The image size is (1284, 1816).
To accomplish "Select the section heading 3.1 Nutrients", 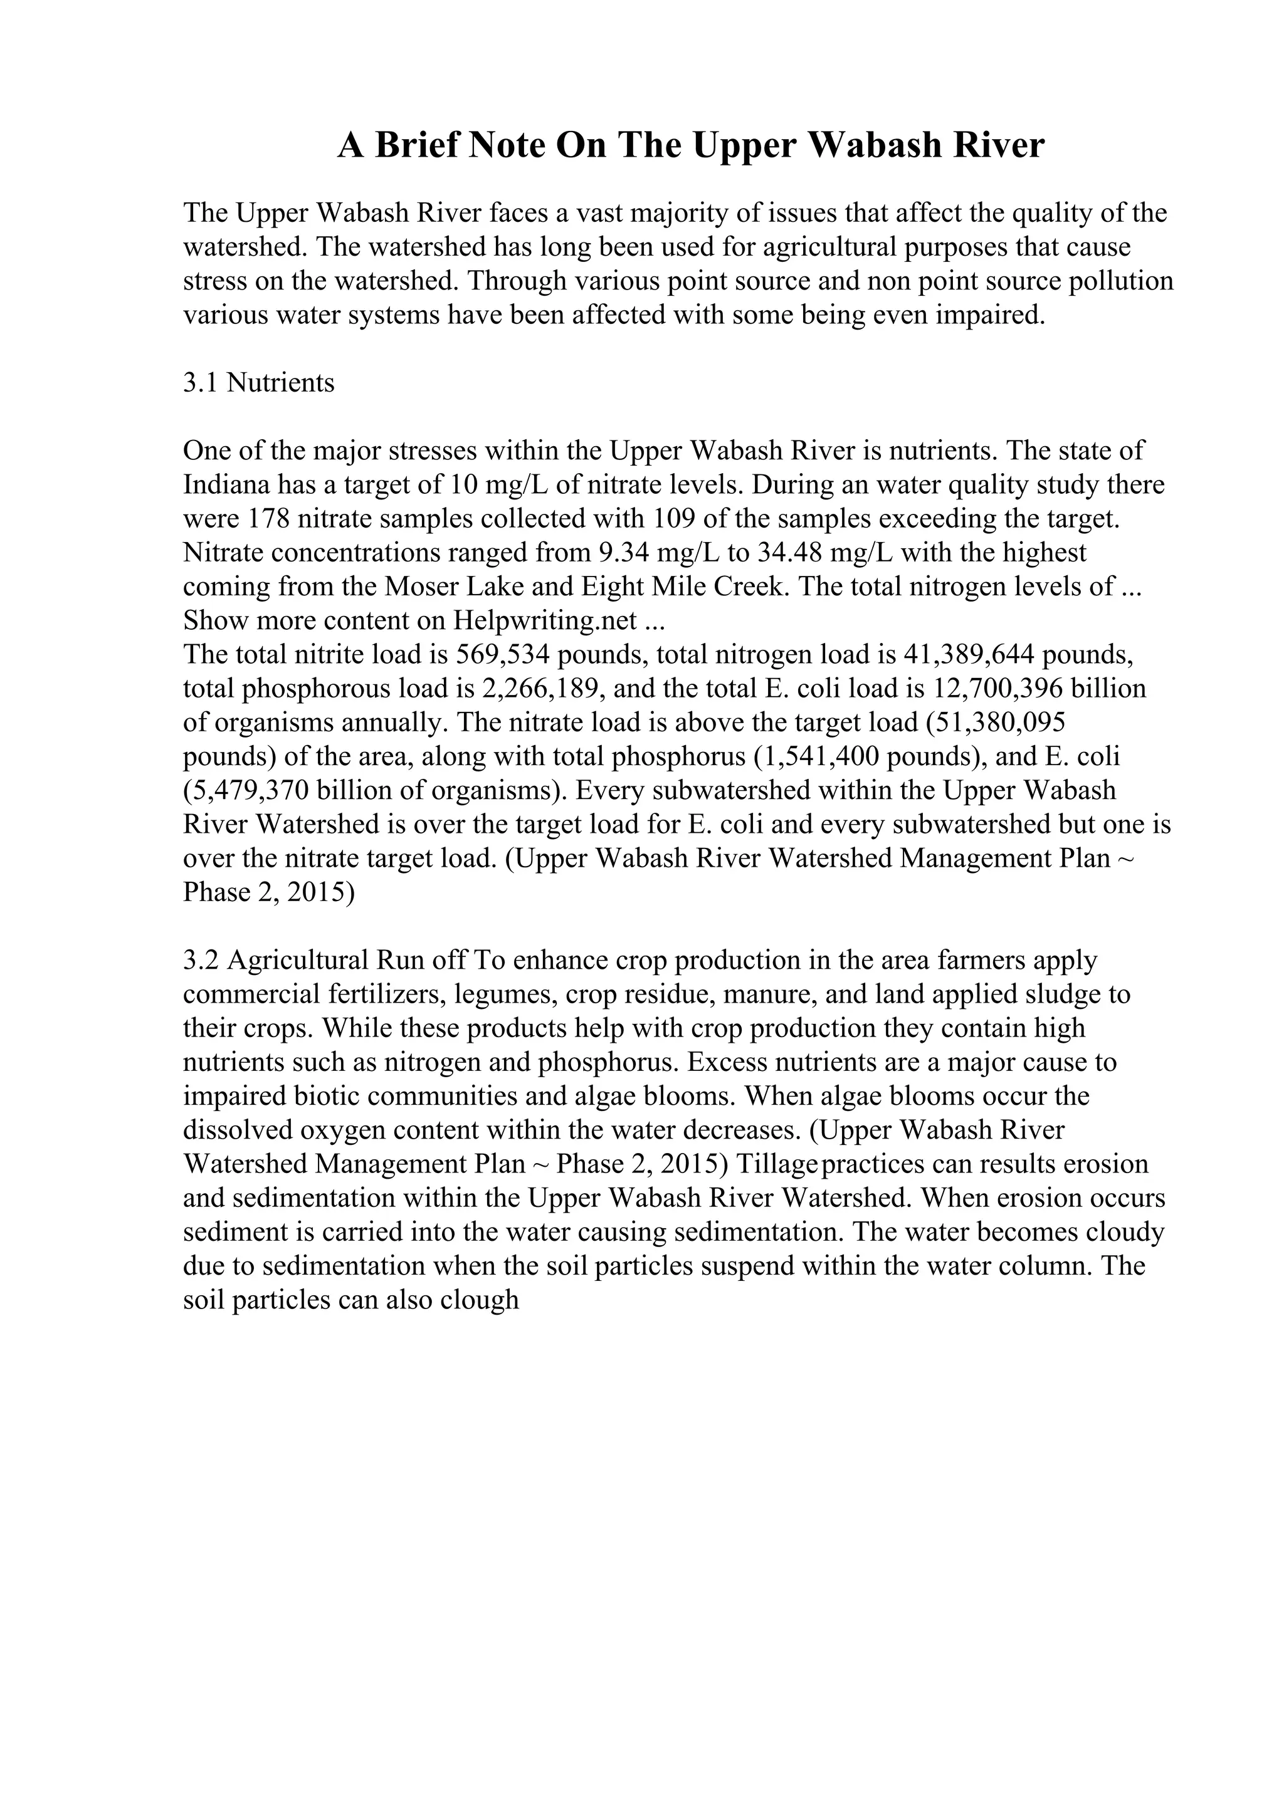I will click(x=259, y=383).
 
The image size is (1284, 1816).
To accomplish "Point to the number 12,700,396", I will click(x=998, y=689).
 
